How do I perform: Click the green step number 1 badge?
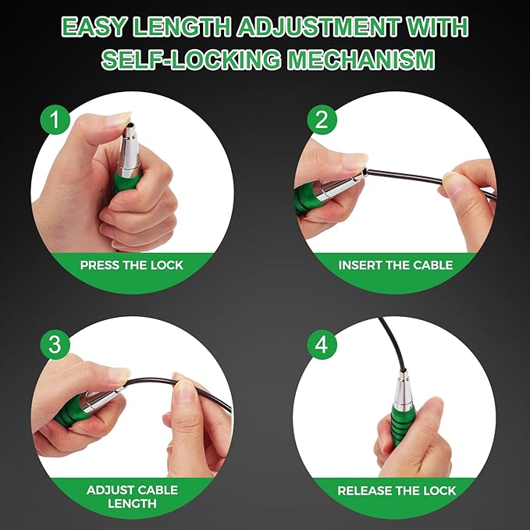click(x=55, y=119)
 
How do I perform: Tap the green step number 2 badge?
click(x=322, y=119)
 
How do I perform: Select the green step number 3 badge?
click(x=55, y=345)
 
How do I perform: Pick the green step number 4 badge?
click(x=322, y=345)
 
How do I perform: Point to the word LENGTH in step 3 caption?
click(x=132, y=504)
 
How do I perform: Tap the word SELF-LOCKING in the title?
click(x=191, y=59)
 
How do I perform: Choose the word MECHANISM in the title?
click(x=361, y=59)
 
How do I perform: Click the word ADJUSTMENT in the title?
click(x=318, y=27)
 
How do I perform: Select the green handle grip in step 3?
click(x=70, y=411)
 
